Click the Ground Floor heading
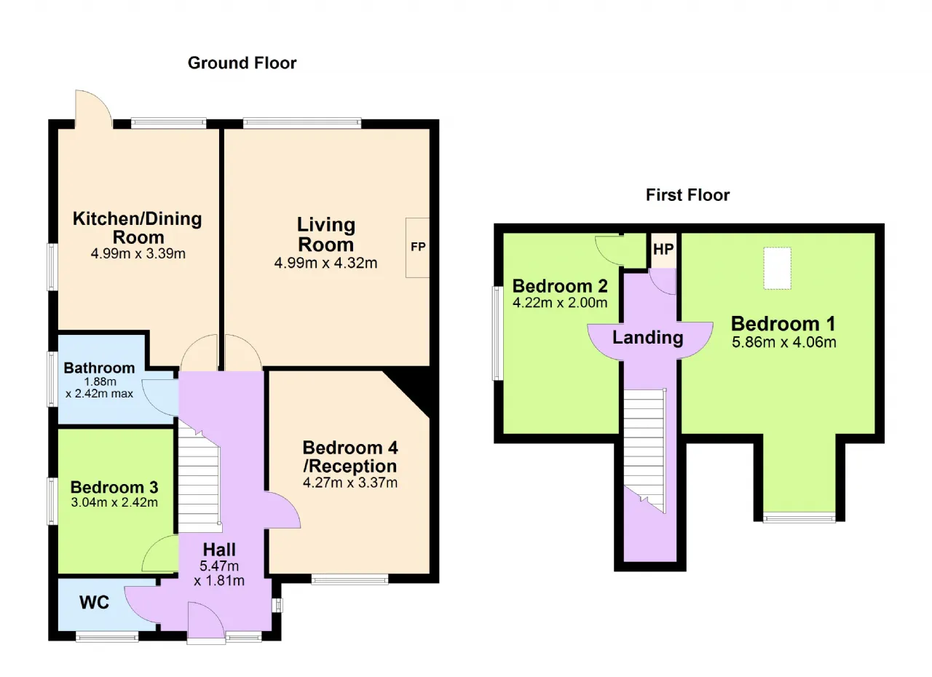242,63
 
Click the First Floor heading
687,195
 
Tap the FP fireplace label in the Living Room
418,247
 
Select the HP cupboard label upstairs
663,249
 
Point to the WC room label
95,602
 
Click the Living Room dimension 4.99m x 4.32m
325,263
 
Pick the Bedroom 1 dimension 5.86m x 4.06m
784,342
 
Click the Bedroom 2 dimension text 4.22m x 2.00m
560,302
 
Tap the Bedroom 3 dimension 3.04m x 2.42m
114,502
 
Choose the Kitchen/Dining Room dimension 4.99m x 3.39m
138,253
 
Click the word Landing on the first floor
648,337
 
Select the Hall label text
219,550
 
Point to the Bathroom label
100,368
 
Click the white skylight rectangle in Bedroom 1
777,268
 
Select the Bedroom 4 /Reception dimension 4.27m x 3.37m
350,483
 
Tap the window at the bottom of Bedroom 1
799,518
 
